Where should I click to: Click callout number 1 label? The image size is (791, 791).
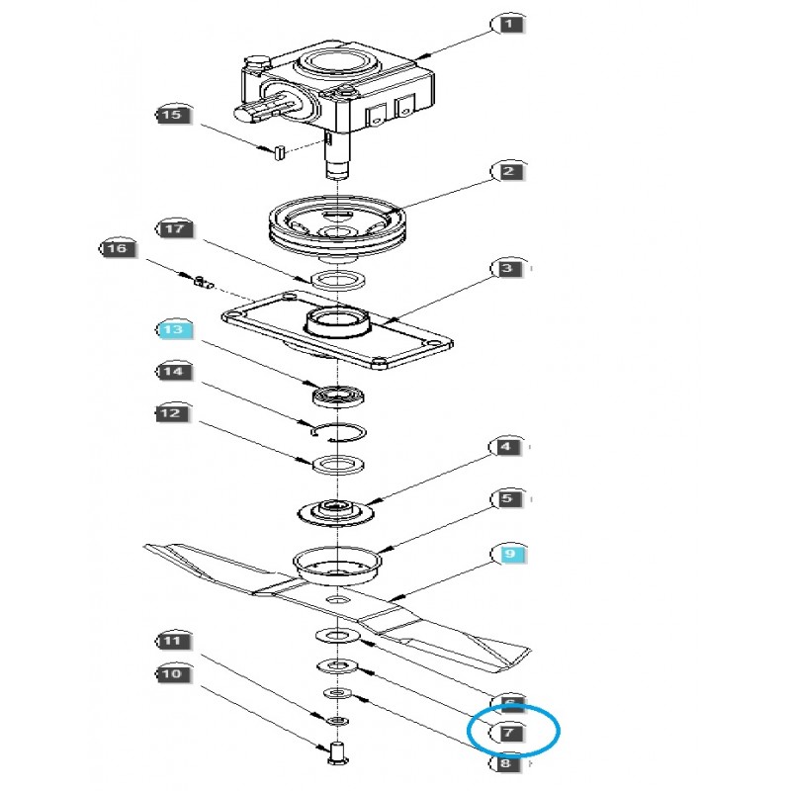pyautogui.click(x=507, y=22)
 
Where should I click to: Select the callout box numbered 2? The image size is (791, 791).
pyautogui.click(x=507, y=171)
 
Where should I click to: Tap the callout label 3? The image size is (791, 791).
pyautogui.click(x=507, y=269)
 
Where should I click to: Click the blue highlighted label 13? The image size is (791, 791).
pyautogui.click(x=172, y=330)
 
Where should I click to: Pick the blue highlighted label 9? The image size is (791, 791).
pyautogui.click(x=507, y=555)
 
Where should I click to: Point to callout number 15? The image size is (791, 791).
pyautogui.click(x=172, y=116)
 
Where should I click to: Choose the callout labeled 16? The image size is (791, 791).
pyautogui.click(x=117, y=249)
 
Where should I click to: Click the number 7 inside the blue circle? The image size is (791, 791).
pyautogui.click(x=507, y=734)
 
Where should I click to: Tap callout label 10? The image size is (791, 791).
pyautogui.click(x=172, y=674)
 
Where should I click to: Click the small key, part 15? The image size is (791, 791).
pyautogui.click(x=278, y=152)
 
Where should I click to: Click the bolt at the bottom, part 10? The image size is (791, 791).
pyautogui.click(x=335, y=755)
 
